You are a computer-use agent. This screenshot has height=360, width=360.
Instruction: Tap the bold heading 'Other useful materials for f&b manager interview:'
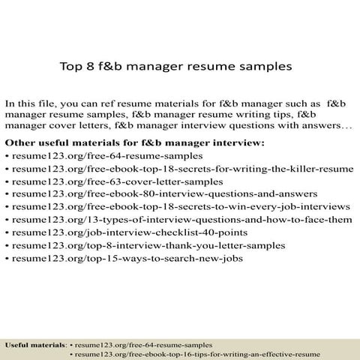(135, 142)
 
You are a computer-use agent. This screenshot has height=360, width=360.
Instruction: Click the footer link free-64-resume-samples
(143, 343)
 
